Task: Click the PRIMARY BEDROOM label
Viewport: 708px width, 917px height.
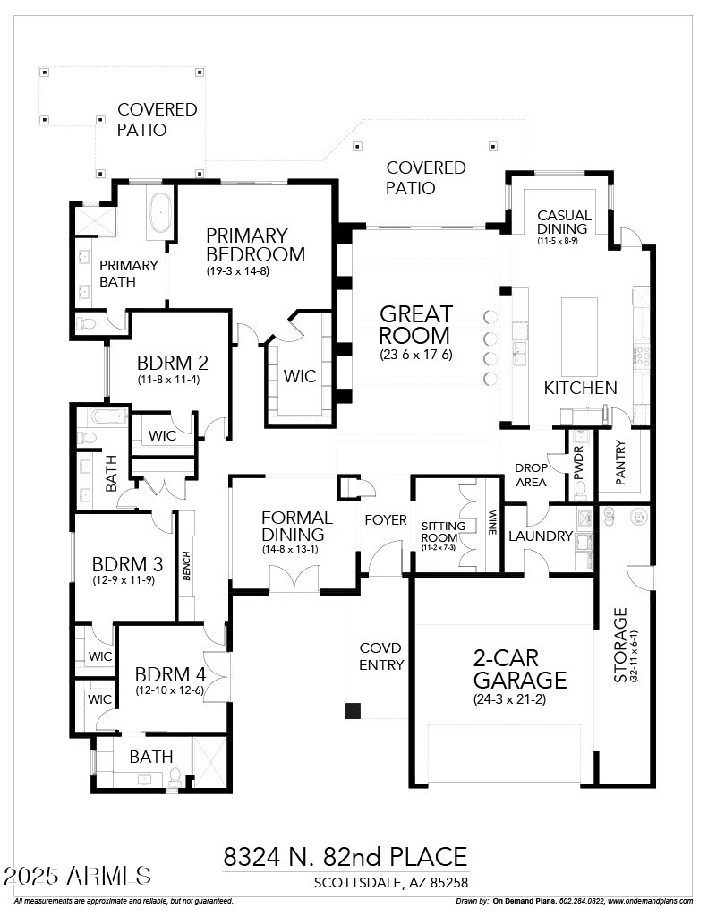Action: (x=255, y=244)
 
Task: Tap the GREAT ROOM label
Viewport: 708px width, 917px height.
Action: (x=415, y=325)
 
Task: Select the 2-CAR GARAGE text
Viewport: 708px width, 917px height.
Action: (x=519, y=668)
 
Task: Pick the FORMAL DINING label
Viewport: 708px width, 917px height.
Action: (x=296, y=527)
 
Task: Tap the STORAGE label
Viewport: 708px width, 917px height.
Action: (x=621, y=645)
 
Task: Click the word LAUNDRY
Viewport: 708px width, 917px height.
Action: (x=540, y=536)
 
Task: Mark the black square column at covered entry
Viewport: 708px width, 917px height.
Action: (x=353, y=711)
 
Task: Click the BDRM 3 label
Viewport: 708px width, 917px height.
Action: (x=127, y=565)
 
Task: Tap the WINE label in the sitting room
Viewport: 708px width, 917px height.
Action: (x=491, y=523)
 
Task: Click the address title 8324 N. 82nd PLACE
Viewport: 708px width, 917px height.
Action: (x=345, y=857)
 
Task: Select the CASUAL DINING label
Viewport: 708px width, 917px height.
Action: (x=564, y=221)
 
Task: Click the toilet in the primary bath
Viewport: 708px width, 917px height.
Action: (x=87, y=323)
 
